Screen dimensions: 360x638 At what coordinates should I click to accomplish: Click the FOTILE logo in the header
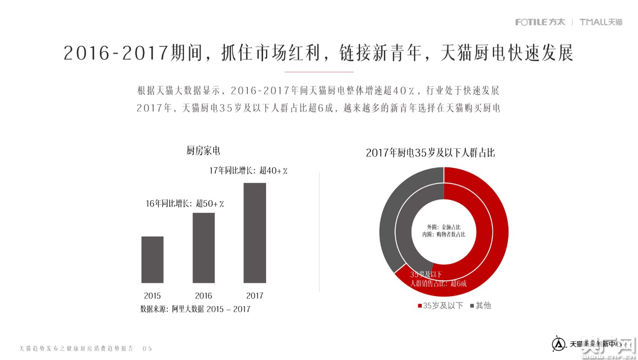coord(540,22)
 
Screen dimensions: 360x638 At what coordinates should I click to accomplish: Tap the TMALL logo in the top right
coord(601,22)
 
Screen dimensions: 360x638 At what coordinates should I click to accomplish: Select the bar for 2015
coord(152,259)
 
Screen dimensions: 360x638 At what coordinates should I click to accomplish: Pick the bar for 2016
coord(204,248)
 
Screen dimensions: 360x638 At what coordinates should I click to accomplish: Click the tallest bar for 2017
coord(254,232)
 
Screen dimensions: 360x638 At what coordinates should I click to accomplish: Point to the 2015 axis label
coord(152,295)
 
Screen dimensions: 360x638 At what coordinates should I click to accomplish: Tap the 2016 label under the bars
coord(204,295)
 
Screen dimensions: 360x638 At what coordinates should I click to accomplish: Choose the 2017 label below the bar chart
coord(254,295)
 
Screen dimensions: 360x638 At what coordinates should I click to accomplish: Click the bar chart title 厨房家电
coord(203,151)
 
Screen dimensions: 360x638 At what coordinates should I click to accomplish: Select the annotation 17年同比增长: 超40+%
coord(248,171)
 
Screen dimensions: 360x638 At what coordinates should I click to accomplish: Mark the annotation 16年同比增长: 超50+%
coord(185,204)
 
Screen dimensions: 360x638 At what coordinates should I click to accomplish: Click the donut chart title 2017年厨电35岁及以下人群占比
coord(430,153)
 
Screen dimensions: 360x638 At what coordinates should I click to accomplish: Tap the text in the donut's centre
coord(443,231)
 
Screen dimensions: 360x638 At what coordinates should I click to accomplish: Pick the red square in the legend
coord(420,306)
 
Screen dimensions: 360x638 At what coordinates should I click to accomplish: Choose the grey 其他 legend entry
coord(480,306)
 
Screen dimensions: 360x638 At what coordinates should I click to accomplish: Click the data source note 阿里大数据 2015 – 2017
coord(195,309)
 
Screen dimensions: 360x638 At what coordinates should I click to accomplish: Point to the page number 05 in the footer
coord(147,348)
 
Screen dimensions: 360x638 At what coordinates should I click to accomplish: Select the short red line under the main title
coord(318,72)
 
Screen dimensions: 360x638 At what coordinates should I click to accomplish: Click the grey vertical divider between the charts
coord(320,232)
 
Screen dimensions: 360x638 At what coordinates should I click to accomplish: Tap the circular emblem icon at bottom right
coord(558,344)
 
